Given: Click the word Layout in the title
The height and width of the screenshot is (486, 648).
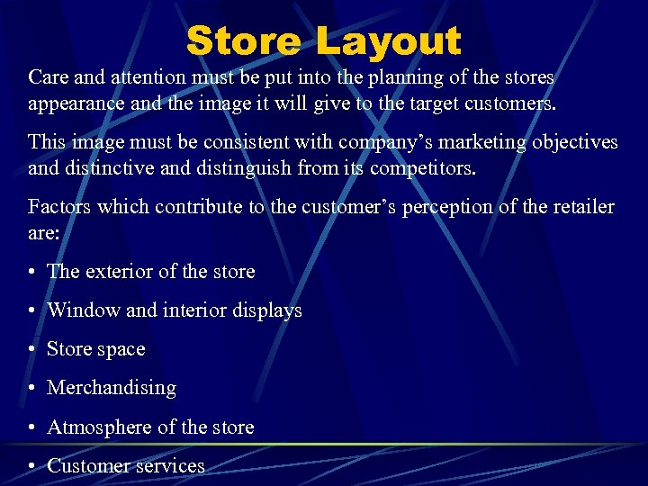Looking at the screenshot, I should click(389, 41).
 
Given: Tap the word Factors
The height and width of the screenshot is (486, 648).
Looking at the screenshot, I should click(59, 207).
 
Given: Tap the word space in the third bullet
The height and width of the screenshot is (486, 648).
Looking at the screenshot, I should click(121, 350).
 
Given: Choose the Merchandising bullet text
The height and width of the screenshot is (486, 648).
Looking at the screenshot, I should click(112, 388).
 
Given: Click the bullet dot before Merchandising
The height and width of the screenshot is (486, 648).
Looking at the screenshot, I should click(32, 389).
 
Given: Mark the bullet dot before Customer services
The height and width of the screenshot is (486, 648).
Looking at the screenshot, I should click(32, 467).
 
